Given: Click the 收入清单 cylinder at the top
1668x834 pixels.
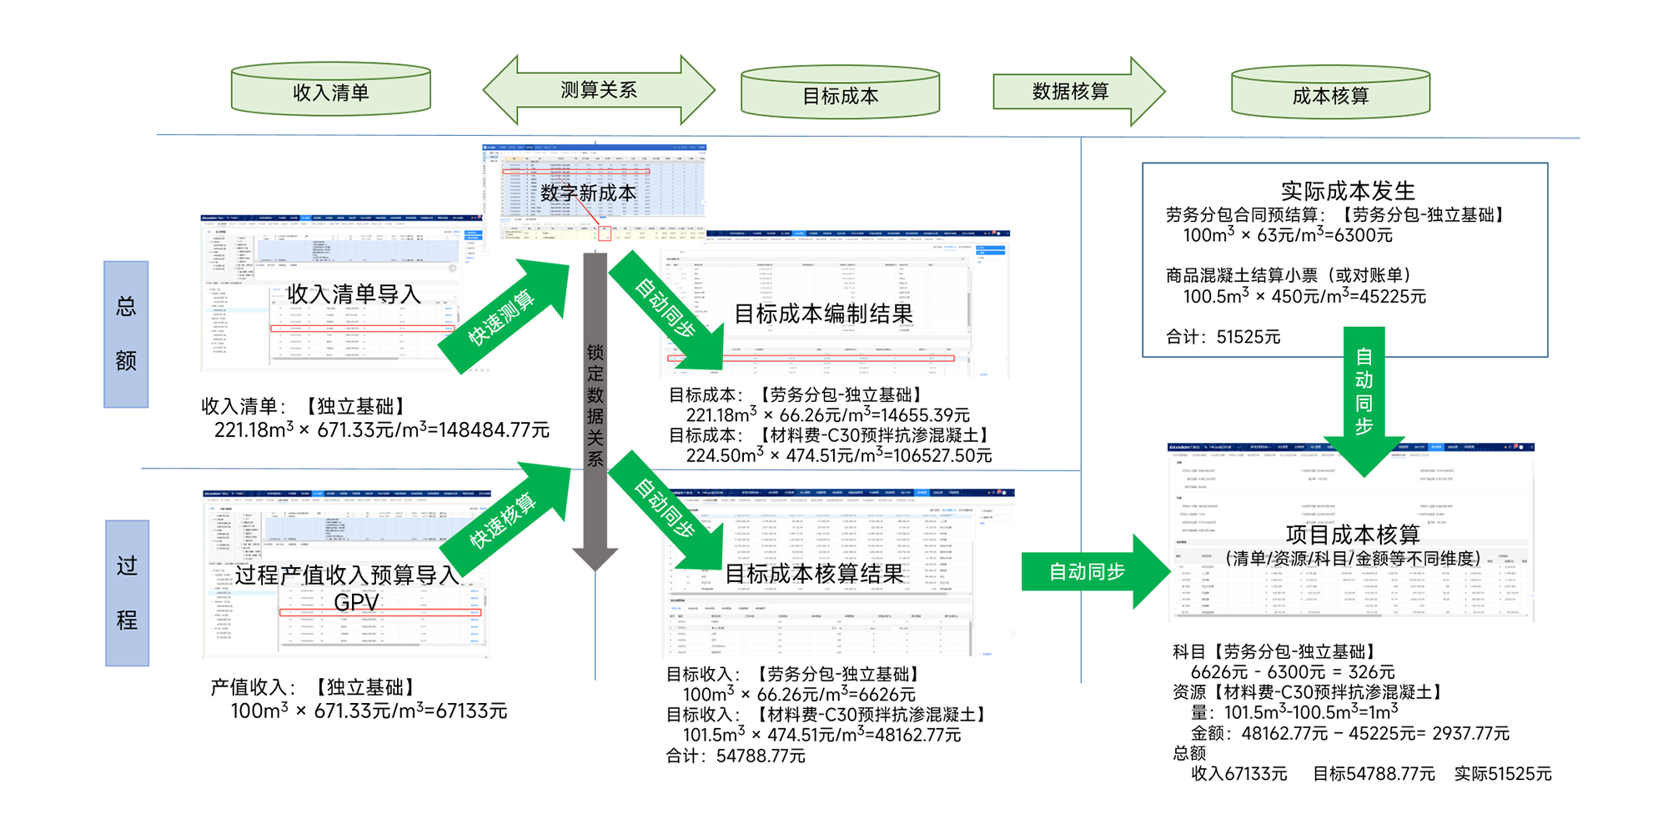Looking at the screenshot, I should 331,91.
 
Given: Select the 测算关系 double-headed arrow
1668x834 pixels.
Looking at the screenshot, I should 598,90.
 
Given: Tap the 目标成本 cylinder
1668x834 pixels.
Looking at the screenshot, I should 840,94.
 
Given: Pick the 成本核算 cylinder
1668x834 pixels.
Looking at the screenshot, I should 1330,94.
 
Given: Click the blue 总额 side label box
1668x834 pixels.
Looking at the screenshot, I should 126,334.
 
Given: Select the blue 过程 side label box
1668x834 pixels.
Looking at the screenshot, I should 127,593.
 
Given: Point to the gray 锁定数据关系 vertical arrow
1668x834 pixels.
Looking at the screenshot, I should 595,409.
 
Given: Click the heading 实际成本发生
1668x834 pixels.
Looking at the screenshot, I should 1348,190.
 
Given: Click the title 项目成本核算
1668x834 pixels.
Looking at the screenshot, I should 1352,534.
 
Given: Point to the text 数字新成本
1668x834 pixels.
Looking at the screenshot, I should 588,193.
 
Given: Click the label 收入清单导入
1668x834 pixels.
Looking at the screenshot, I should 354,294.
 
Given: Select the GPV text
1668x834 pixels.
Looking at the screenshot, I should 356,602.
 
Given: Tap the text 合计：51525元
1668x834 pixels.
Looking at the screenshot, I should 1223,337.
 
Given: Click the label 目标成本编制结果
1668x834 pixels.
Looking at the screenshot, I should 823,314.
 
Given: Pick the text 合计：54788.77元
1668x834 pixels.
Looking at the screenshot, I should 736,756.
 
